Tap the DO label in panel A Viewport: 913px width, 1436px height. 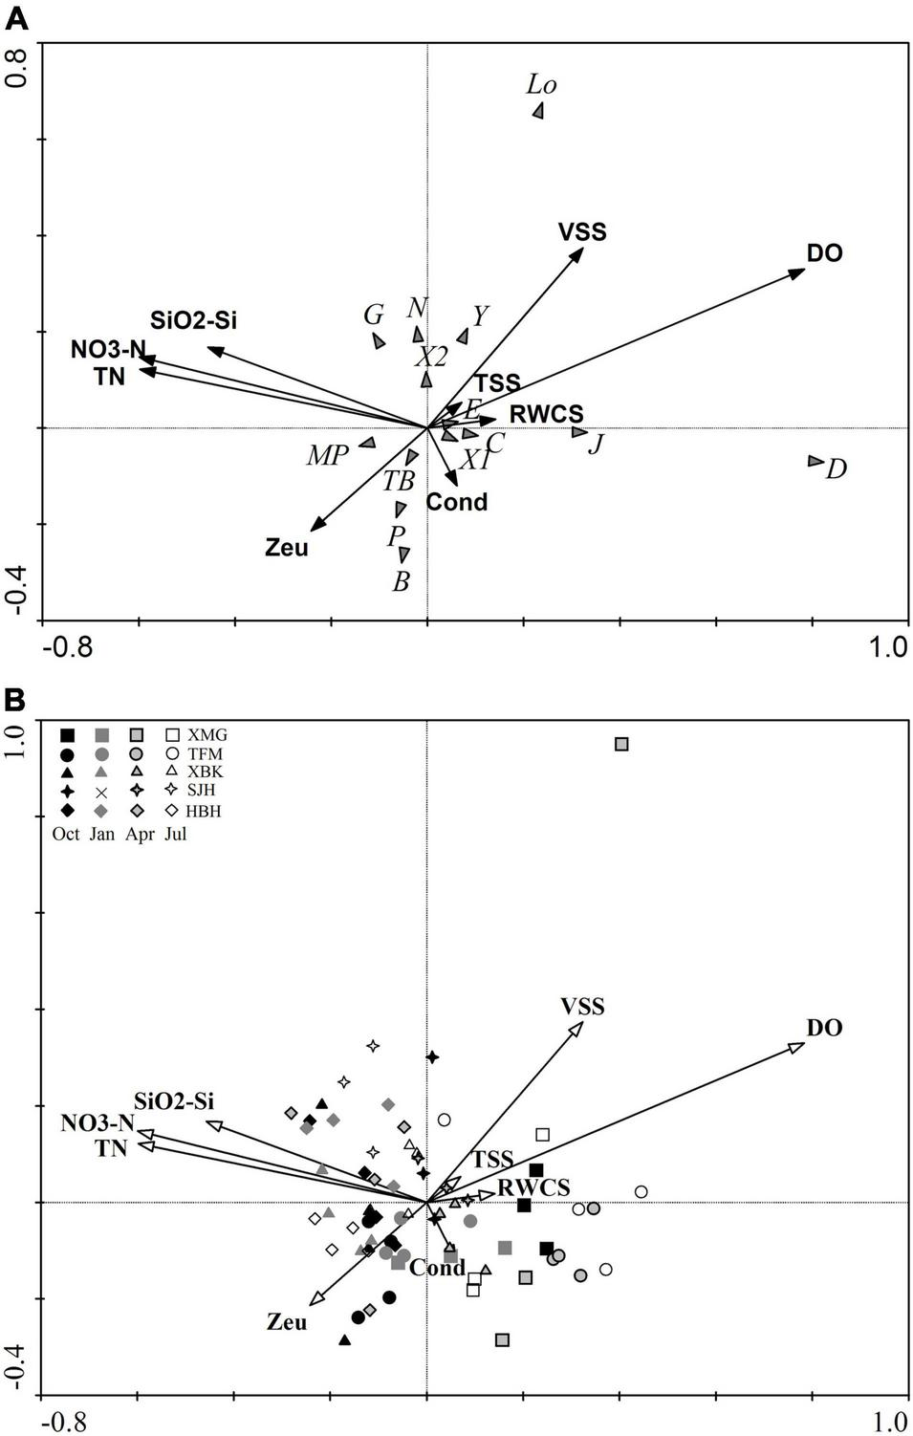point(824,254)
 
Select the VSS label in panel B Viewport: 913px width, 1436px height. point(582,1007)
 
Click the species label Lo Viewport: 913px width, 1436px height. point(541,85)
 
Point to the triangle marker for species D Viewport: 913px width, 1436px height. point(815,461)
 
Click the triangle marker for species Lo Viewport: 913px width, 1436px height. point(538,111)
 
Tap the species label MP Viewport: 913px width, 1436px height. point(327,456)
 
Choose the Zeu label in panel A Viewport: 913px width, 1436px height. point(287,549)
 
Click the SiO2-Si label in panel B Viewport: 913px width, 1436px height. point(174,1102)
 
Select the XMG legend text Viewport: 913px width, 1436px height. point(207,735)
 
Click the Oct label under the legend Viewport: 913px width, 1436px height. point(66,834)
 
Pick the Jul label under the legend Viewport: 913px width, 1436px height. point(175,834)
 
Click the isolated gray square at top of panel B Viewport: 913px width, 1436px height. point(622,744)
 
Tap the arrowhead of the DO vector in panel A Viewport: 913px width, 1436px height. point(798,272)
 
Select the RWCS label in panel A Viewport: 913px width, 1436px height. point(546,415)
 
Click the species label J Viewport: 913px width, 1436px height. point(596,444)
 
